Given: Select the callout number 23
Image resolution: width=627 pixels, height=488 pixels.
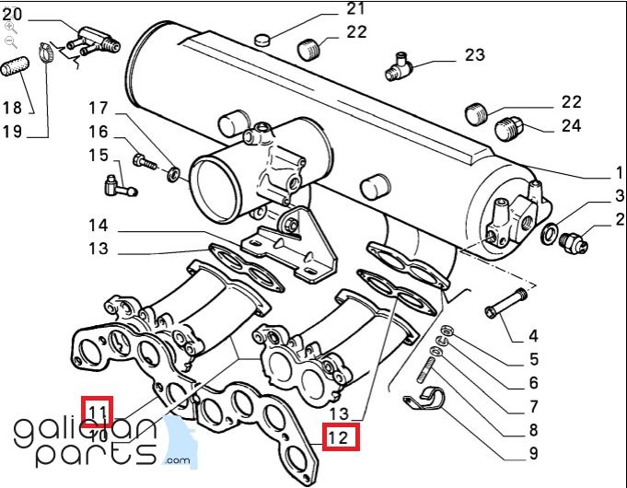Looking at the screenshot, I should click(x=473, y=55).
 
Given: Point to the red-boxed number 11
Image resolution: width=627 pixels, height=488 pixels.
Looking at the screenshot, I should click(x=98, y=409).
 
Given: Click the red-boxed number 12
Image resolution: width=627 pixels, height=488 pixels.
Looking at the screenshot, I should click(x=340, y=438).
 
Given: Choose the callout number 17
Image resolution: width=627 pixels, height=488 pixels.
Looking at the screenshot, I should click(x=99, y=107).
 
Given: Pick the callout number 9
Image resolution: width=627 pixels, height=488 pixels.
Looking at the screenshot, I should click(x=533, y=452).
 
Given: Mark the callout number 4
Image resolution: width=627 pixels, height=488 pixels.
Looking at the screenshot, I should click(x=533, y=336).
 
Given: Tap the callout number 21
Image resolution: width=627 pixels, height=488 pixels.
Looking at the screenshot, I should click(x=330, y=10).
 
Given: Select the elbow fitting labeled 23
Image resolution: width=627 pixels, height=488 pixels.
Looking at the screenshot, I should click(x=401, y=64).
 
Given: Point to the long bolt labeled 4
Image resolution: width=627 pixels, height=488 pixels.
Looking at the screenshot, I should click(x=505, y=302).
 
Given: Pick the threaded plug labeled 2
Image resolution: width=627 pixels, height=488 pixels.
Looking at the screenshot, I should click(x=575, y=242).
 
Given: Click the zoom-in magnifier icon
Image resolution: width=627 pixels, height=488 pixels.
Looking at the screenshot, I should click(x=10, y=28).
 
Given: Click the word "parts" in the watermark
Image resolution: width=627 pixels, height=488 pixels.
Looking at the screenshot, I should click(x=97, y=455).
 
